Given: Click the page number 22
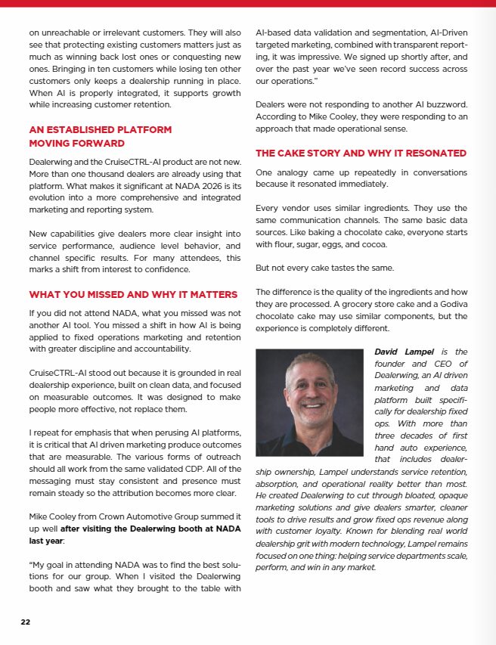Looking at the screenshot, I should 26,622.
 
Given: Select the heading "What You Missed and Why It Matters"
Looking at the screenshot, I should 133,294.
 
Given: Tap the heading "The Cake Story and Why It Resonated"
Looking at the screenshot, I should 361,153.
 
